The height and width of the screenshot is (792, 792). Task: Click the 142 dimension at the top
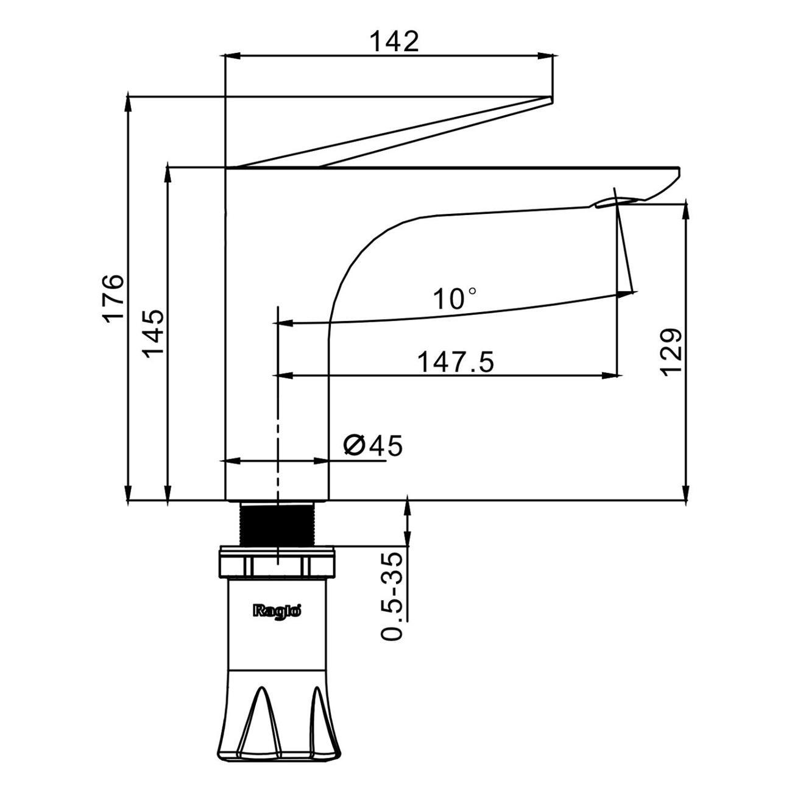point(394,41)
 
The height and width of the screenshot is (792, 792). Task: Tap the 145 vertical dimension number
point(153,333)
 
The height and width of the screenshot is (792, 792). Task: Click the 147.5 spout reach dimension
point(455,362)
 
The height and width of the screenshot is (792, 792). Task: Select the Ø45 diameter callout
point(372,445)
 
